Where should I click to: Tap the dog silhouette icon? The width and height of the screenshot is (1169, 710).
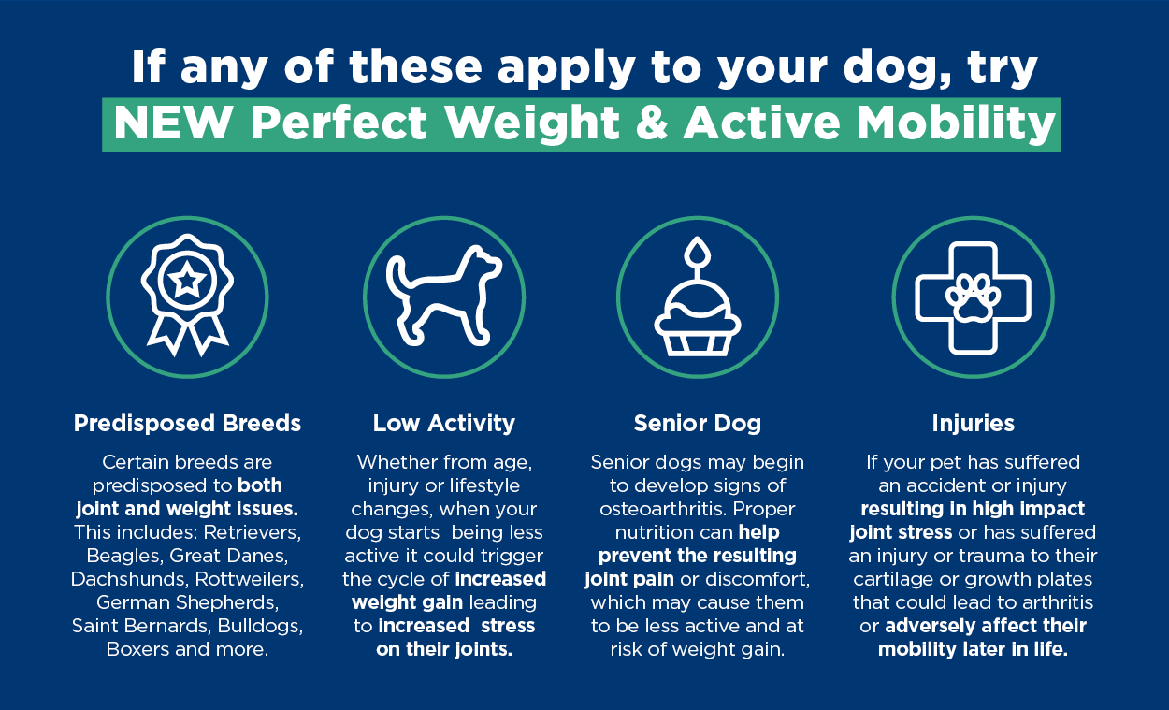(x=443, y=296)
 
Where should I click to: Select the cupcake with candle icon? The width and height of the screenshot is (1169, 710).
(x=698, y=297)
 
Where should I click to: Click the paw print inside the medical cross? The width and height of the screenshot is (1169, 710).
(x=973, y=298)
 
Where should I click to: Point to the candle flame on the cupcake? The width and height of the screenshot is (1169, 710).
(x=698, y=252)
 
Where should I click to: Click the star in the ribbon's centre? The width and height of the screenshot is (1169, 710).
(x=187, y=281)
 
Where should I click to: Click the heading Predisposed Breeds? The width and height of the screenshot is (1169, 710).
(x=187, y=423)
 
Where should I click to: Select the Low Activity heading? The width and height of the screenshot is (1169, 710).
(x=443, y=423)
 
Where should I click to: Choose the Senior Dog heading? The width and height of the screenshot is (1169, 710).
(x=698, y=423)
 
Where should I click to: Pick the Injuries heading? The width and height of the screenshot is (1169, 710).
(x=973, y=423)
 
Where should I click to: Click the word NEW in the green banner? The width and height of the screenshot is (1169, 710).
(x=173, y=123)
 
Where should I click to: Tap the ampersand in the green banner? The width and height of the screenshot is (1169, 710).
(x=652, y=123)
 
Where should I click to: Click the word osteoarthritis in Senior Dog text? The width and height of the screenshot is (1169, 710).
(x=659, y=509)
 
